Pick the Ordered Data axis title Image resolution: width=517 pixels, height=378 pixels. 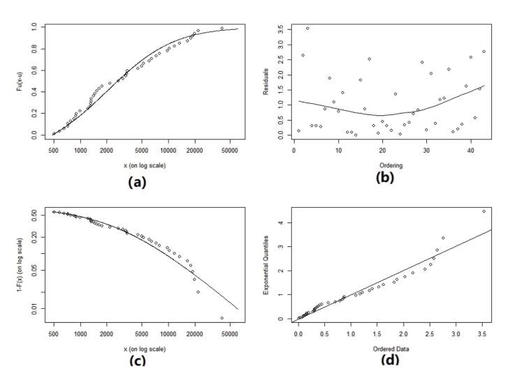point(386,348)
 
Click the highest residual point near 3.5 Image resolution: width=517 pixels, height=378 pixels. point(307,29)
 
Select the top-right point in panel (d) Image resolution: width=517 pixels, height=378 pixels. point(483,211)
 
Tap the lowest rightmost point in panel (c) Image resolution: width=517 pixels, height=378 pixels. point(221,318)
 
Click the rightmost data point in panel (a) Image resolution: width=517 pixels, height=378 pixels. point(221,29)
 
